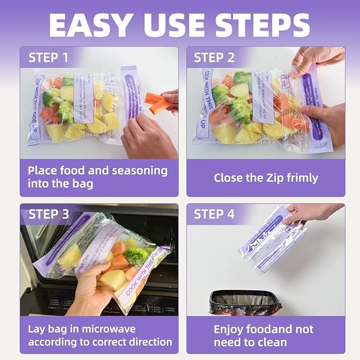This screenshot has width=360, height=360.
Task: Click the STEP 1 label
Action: (48, 57)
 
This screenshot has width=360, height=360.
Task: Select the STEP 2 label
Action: (214, 57)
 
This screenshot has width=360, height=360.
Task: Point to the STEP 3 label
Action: (48, 214)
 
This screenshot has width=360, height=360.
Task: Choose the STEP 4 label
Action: (214, 214)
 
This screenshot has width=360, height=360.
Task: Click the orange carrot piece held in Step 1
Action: (158, 102)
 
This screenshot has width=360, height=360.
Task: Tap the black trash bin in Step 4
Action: (245, 302)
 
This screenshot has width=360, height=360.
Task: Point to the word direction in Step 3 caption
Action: (151, 342)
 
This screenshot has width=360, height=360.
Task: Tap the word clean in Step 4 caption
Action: (272, 343)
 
